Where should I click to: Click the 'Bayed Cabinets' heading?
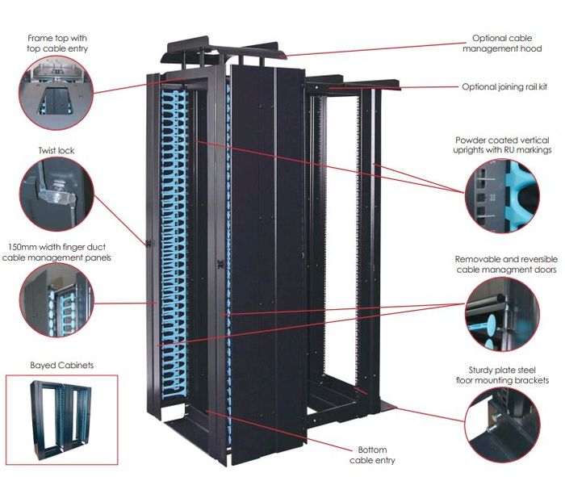click(x=61, y=365)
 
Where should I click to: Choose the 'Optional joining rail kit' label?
click(x=506, y=86)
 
